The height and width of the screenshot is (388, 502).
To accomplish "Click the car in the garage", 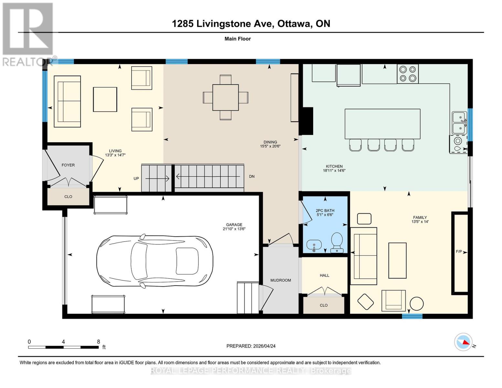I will coord(155,262).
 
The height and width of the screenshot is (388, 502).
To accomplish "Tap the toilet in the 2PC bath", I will coord(337,242).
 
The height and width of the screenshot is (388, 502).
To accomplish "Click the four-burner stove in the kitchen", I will coord(408,74).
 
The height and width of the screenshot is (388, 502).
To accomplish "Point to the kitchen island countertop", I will coord(382,124).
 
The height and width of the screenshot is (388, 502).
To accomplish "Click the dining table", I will coord(225,97).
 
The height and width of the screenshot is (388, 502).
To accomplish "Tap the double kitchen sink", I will coord(459,123).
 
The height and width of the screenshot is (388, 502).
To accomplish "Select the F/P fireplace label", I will coord(458,252).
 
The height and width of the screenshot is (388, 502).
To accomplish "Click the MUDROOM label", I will coord(281,280).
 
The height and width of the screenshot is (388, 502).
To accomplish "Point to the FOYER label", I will coord(68,165).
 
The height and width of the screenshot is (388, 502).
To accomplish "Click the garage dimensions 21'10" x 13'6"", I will coord(234,229).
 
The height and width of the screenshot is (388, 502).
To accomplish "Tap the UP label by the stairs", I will coord(136,178).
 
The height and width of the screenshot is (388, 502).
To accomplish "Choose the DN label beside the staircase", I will coord(252,177).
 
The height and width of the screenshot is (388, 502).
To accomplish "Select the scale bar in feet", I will coord(63,347).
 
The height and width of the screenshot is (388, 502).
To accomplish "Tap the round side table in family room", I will coord(417,304).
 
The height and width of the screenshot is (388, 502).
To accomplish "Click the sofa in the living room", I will coord(67,101).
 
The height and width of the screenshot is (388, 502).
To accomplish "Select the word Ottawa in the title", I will coord(293,24).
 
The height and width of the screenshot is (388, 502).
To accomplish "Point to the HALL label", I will coord(324,275).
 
